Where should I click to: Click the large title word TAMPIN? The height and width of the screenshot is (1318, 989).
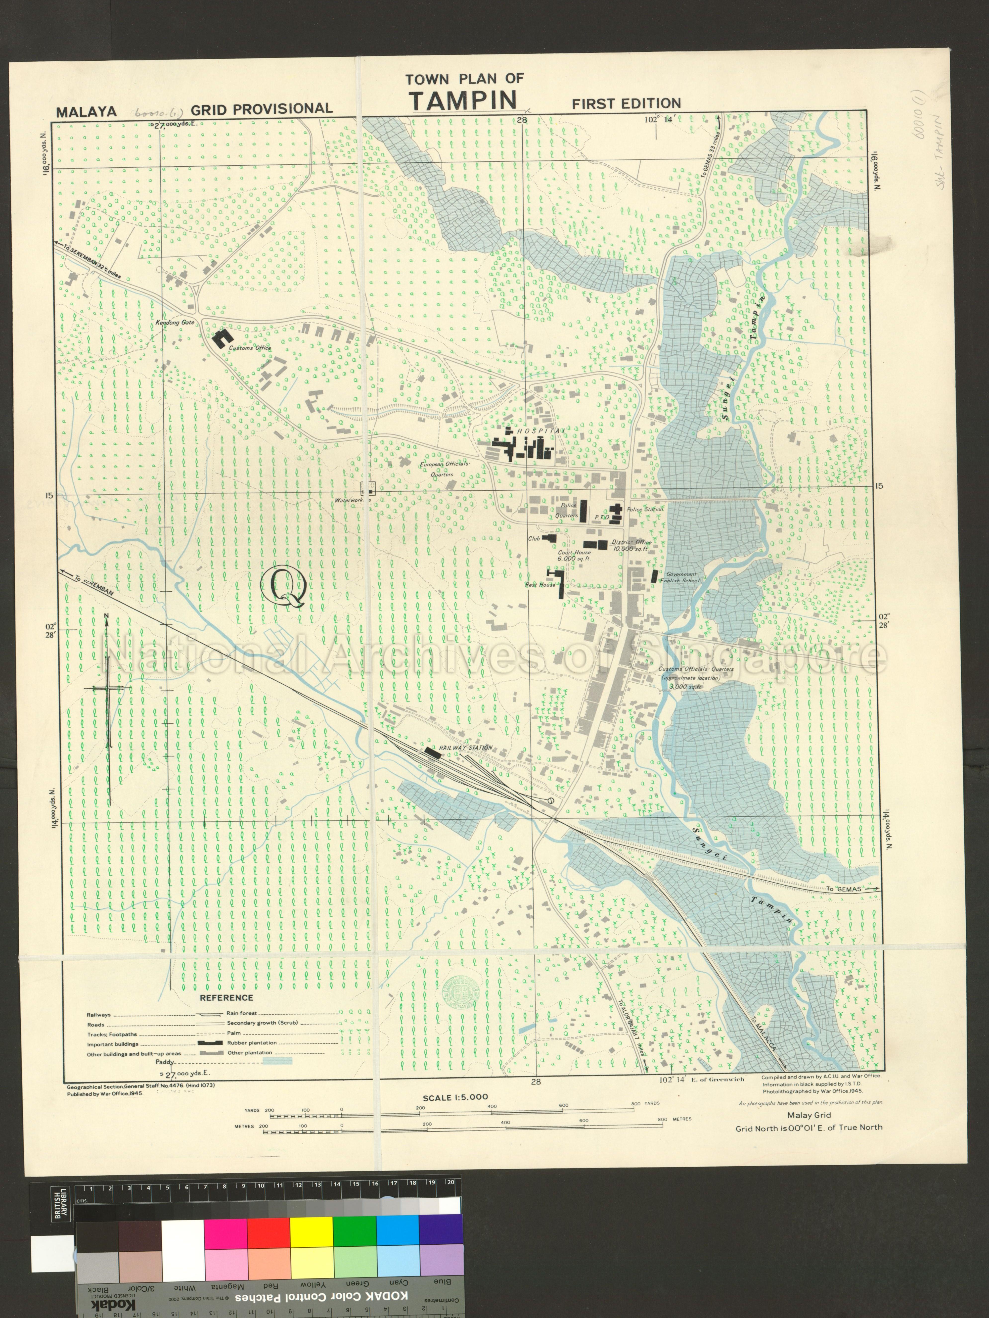463,100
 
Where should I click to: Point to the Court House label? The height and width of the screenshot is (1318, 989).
574,552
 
